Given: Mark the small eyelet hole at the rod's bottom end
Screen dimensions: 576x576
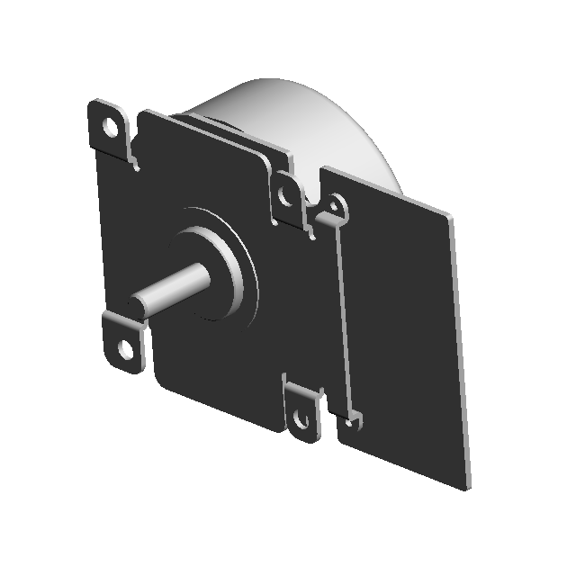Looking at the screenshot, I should (x=353, y=420).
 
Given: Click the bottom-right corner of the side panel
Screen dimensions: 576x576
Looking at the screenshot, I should (x=467, y=487).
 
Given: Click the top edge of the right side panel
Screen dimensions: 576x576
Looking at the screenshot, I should (x=387, y=189).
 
